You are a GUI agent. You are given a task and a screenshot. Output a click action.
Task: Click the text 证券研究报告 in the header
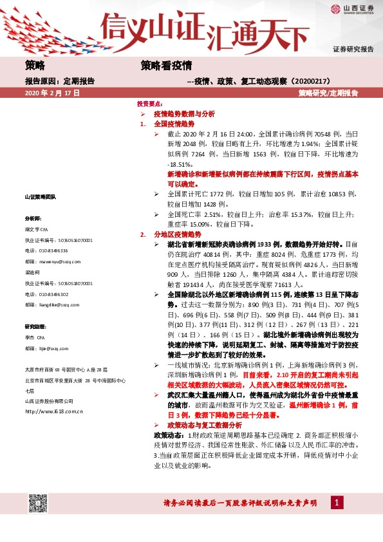point(353,49)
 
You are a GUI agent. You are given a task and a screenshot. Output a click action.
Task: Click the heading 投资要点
point(149,103)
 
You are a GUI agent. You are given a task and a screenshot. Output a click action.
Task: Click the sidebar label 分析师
point(33,219)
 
